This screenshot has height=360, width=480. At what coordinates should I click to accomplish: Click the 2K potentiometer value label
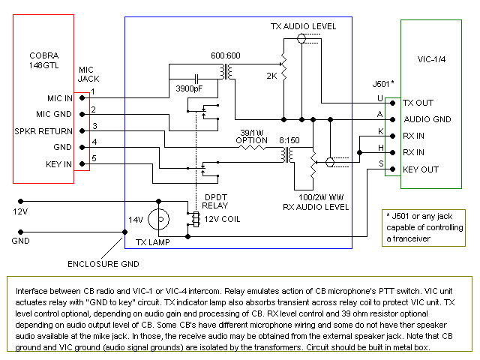272,76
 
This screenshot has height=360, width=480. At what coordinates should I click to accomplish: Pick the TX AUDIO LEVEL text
303,26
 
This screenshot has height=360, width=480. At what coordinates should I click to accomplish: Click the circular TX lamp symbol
159,220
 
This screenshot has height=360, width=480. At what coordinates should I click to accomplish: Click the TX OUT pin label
418,103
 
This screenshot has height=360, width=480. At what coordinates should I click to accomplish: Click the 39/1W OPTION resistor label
250,136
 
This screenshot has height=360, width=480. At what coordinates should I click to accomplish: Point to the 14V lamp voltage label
135,220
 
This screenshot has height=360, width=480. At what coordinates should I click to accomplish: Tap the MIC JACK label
88,73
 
